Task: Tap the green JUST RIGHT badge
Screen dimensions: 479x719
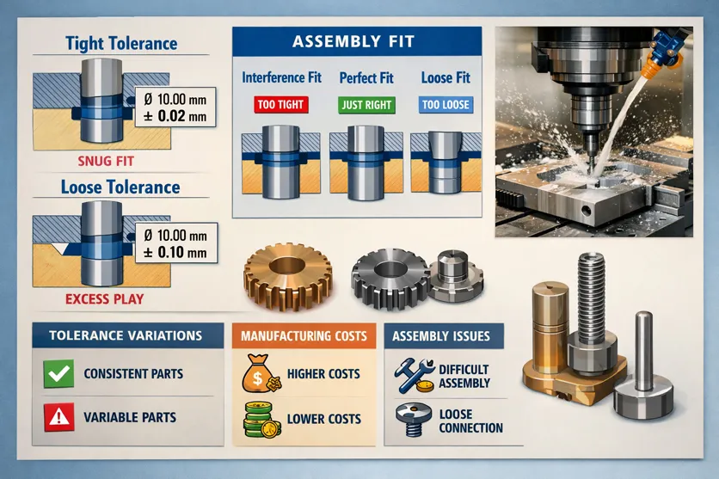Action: point(366,104)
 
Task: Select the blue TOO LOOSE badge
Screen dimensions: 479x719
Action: point(445,104)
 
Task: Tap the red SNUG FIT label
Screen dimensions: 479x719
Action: point(107,160)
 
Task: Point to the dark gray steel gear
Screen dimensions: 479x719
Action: point(388,276)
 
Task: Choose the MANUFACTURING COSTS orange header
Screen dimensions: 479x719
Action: point(304,335)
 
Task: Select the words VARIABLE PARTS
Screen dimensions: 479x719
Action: point(130,418)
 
